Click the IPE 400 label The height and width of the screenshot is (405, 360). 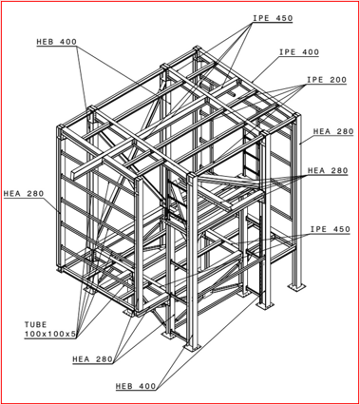299,52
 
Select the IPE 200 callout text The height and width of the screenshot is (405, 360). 327,80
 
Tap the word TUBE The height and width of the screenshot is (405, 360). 35,324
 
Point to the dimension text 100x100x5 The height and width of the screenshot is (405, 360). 50,334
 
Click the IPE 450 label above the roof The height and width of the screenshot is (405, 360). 273,18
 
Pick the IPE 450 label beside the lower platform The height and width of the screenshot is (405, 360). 330,229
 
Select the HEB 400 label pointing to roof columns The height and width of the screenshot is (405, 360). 57,42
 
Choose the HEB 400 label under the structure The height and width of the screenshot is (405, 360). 136,386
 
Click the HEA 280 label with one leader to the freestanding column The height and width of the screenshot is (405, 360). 333,131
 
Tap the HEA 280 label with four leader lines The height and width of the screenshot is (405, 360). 328,170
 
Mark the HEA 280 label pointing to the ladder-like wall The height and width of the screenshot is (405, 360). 24,193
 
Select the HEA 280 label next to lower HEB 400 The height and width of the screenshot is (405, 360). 93,359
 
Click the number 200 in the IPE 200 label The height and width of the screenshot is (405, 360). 337,80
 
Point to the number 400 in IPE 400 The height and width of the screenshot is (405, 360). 310,52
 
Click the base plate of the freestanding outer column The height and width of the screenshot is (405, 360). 296,287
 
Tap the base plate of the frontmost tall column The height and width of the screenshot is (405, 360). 193,347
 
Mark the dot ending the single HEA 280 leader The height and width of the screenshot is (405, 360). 300,144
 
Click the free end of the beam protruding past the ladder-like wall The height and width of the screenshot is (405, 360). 74,175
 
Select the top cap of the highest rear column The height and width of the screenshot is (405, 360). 197,48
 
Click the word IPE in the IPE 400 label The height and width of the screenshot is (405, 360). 287,52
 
